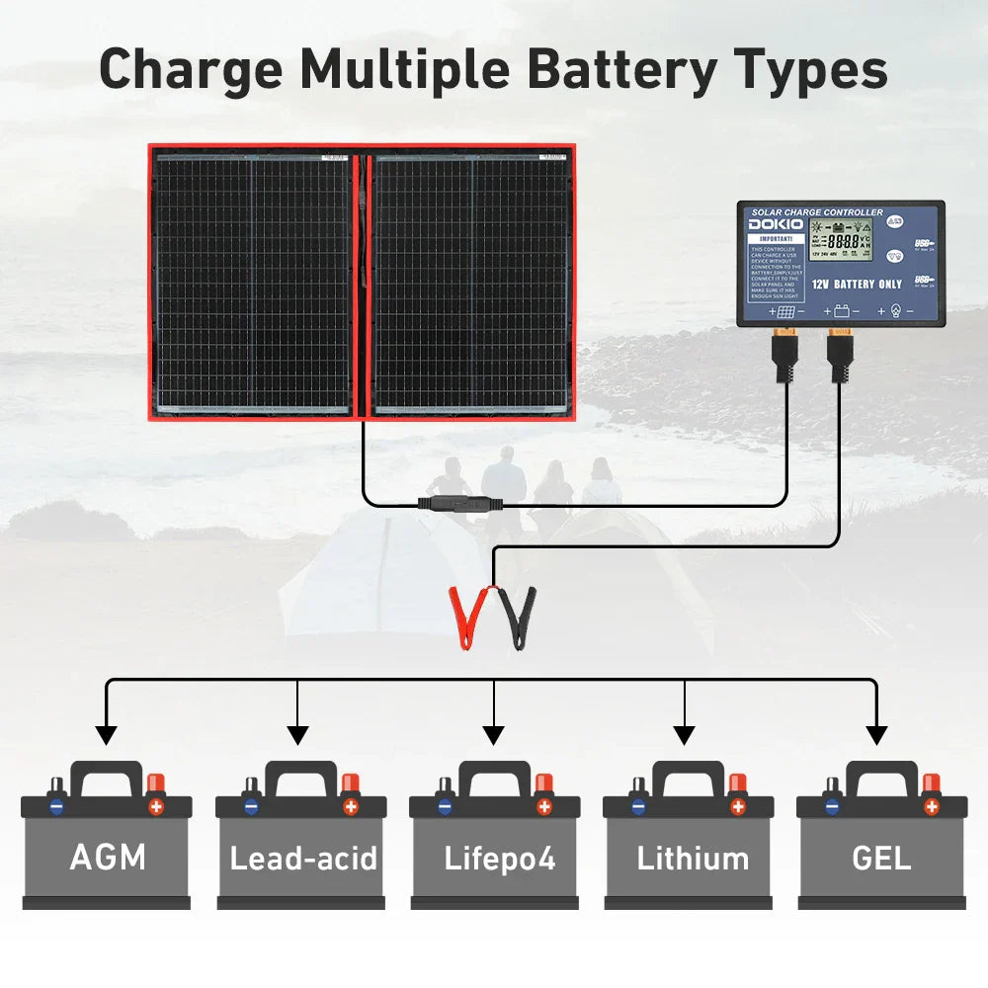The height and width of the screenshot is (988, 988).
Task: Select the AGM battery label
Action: [x=108, y=857]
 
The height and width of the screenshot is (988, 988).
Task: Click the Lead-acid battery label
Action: [x=303, y=858]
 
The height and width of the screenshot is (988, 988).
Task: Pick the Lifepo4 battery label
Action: [x=498, y=858]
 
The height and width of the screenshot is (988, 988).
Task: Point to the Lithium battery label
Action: [x=693, y=858]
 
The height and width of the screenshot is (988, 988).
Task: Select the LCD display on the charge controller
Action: [x=841, y=240]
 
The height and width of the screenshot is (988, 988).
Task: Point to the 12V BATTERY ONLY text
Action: [x=857, y=284]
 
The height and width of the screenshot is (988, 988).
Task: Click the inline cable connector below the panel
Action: [x=460, y=503]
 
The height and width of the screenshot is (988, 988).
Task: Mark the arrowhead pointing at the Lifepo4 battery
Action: [x=494, y=735]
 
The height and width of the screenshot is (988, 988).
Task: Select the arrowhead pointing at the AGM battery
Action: [x=106, y=735]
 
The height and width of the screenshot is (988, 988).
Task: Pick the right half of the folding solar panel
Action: [x=471, y=284]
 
